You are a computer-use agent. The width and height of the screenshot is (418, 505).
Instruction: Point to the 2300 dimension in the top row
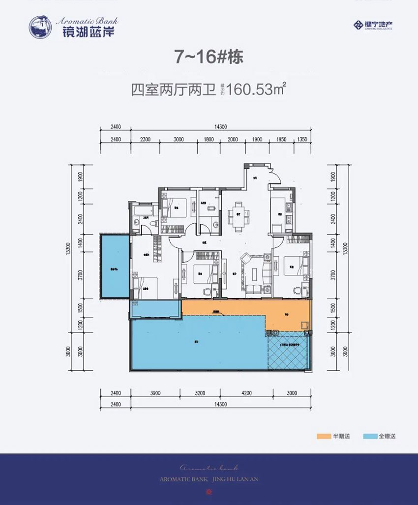[x=145, y=139]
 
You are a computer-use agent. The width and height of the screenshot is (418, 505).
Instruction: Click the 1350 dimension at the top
[x=302, y=139]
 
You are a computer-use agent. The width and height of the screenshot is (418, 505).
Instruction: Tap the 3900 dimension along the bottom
[x=155, y=393]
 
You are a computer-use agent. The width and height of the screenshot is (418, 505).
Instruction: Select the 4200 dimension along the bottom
[x=246, y=393]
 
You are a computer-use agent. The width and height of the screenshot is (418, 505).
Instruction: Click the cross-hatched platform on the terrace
[x=288, y=352]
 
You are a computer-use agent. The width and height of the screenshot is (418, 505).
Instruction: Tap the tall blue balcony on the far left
[x=114, y=266]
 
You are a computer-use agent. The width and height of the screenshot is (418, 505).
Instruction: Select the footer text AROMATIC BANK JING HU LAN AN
[x=209, y=478]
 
